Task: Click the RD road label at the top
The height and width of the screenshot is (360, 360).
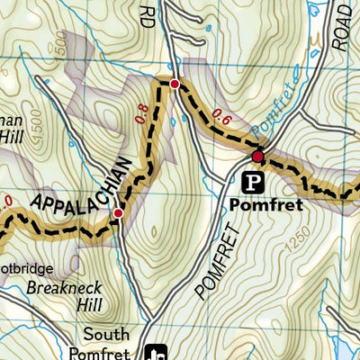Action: pyautogui.click(x=148, y=13)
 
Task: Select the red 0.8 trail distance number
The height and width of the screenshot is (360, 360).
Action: pyautogui.click(x=141, y=114)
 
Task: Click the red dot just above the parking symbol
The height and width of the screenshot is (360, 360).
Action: pyautogui.click(x=257, y=157)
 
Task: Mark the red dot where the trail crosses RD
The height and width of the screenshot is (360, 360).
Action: pyautogui.click(x=175, y=85)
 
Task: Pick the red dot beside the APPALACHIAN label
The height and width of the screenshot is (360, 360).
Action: pyautogui.click(x=118, y=213)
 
